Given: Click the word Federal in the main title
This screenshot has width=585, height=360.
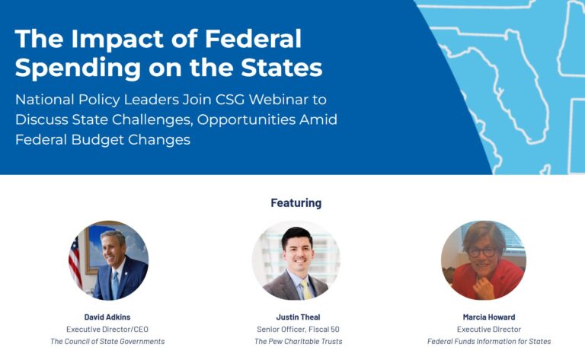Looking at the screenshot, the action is (x=253, y=39).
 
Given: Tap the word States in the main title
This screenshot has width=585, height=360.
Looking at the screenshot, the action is (x=281, y=68).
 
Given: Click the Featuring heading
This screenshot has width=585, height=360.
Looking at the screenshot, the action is (x=296, y=203).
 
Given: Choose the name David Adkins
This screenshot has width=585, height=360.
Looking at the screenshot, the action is (x=107, y=317).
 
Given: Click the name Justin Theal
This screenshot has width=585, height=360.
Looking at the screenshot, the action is (x=298, y=317).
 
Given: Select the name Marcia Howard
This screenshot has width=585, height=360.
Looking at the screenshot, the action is (x=489, y=317).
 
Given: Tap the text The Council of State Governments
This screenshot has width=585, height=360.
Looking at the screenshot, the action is (x=107, y=342).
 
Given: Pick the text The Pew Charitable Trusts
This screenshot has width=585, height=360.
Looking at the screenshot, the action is (x=298, y=342).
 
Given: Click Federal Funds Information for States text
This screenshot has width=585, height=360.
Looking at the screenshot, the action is (x=489, y=342).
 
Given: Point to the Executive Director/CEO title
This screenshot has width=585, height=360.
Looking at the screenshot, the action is (x=107, y=330).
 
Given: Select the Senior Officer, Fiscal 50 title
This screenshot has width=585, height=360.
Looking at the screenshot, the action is (x=298, y=330).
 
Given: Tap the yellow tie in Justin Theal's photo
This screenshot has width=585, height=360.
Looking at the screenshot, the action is (x=307, y=290).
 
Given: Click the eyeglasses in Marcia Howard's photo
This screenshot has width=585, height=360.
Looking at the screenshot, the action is (x=481, y=252).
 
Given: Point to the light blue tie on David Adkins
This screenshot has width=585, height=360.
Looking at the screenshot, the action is (x=115, y=285).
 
